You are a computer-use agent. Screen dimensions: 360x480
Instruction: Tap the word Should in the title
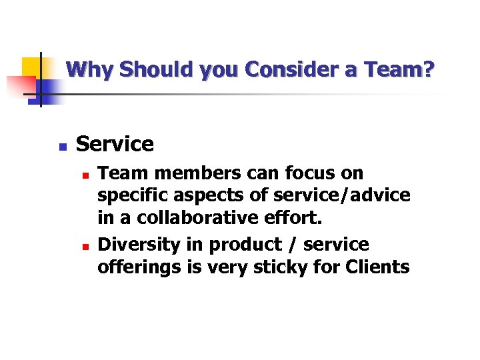tap(139, 69)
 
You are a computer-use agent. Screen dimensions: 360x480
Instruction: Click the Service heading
tap(115, 144)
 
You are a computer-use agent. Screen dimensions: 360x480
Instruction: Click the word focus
tap(313, 173)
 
